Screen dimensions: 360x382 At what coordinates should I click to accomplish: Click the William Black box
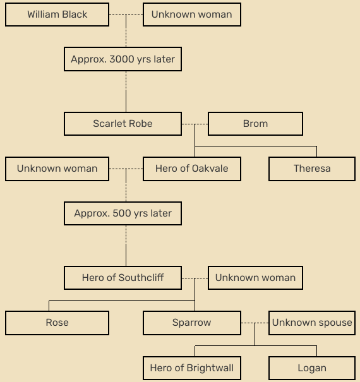[x=57, y=15]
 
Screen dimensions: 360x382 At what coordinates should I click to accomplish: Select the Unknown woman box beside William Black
[x=192, y=15]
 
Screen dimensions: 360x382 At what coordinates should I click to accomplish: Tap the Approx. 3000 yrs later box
[x=123, y=59]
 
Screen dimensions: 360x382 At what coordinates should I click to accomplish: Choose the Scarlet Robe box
[x=123, y=124]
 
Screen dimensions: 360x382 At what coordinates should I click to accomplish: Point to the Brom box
[x=255, y=124]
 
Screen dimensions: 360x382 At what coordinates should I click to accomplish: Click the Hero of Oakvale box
[x=192, y=169]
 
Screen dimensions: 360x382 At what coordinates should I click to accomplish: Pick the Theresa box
[x=312, y=169]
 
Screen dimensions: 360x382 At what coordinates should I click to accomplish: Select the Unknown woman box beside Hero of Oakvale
[x=57, y=169]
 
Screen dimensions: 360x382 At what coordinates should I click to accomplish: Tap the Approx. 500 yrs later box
[x=123, y=213]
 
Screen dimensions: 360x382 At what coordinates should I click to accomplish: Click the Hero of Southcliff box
[x=123, y=278]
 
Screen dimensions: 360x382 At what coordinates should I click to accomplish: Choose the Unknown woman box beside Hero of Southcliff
[x=255, y=278]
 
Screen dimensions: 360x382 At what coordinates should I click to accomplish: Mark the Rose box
[x=57, y=323]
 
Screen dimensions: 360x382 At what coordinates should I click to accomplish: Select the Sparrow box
[x=192, y=323]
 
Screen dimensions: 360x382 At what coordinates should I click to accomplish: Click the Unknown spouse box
[x=312, y=323]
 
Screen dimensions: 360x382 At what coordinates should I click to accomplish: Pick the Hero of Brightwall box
[x=192, y=368]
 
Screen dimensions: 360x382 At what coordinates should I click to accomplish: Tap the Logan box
[x=312, y=368]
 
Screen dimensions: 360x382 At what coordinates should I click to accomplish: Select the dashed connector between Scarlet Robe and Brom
[x=195, y=124]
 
